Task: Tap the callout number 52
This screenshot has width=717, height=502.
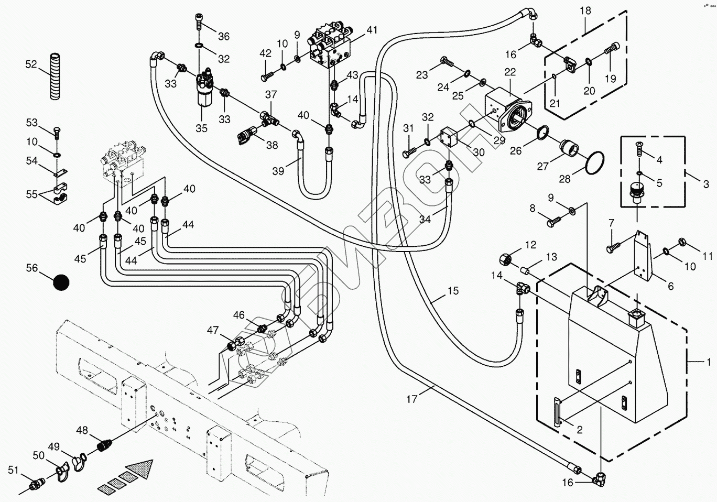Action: click(x=31, y=64)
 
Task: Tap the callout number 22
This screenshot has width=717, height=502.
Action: click(x=510, y=72)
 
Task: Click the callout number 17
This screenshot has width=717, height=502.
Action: click(x=412, y=399)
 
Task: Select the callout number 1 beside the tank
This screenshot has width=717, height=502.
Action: click(x=709, y=362)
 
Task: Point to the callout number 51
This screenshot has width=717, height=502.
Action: click(x=13, y=470)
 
